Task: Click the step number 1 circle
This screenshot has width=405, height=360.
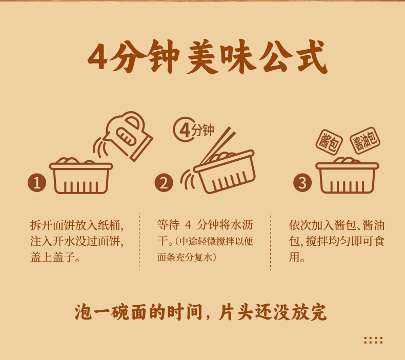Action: coord(37,182)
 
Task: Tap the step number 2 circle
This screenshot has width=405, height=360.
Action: coord(164,182)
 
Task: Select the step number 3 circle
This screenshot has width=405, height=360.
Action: coord(302,182)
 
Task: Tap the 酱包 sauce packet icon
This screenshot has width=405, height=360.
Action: coord(329,142)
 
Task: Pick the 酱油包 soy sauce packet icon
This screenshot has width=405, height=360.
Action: coord(365,140)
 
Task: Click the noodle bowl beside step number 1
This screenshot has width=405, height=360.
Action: coord(81,176)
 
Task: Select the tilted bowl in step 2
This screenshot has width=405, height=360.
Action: coord(224,172)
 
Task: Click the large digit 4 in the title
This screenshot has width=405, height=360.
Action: coord(98,57)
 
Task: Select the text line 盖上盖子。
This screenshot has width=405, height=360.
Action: coord(55,257)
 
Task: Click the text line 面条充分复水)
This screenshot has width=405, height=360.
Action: coord(187,257)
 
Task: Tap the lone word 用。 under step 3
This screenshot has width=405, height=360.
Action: coord(297,257)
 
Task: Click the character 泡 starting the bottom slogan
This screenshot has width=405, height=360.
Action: coord(83,312)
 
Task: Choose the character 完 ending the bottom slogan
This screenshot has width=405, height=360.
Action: coord(318,312)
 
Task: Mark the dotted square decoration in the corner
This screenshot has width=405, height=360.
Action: coord(373,340)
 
